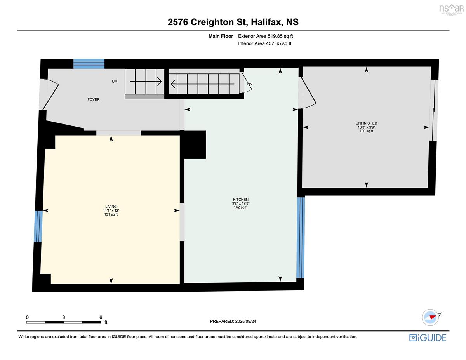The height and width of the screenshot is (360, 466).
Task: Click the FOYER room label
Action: (x=93, y=99)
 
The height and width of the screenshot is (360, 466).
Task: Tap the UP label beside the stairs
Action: (x=114, y=82)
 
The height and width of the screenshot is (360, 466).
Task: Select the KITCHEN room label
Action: (x=241, y=199)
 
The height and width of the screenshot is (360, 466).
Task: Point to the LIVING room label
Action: (x=111, y=207)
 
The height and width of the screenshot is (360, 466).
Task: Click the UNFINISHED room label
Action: (x=366, y=123)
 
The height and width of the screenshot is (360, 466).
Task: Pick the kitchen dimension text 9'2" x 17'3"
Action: (x=241, y=203)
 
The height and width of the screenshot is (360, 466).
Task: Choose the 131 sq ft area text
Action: (x=111, y=214)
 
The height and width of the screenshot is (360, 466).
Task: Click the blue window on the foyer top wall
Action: (x=89, y=64)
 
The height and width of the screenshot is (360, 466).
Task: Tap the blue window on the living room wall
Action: (x=38, y=226)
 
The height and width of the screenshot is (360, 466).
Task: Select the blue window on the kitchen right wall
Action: (x=301, y=238)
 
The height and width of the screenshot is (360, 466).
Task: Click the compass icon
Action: (x=430, y=318)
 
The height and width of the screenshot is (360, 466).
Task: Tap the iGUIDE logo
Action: (x=428, y=338)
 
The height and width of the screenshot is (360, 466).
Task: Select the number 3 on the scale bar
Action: (x=63, y=317)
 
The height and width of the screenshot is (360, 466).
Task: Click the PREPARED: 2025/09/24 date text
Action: (x=233, y=322)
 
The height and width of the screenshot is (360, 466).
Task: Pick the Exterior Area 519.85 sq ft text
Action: (x=266, y=36)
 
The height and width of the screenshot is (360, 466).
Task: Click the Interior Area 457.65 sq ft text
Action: (x=264, y=43)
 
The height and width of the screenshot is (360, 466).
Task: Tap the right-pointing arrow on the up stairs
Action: (x=146, y=82)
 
